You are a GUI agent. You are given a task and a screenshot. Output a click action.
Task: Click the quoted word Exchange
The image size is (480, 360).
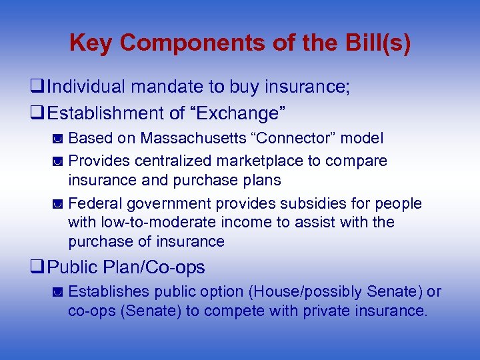coord(241,113)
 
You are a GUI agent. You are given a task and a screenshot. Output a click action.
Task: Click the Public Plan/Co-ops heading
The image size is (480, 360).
coord(126,267)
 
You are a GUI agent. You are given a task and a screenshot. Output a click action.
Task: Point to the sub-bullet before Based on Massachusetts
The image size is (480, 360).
coord(58,139)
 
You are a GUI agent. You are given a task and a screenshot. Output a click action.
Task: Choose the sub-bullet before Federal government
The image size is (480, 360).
coord(58,204)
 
